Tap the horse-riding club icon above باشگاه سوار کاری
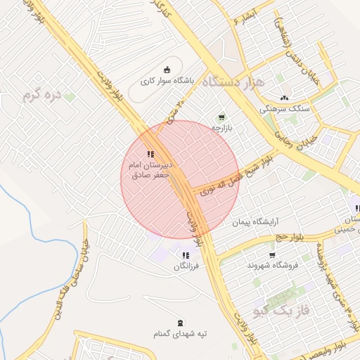(167, 69)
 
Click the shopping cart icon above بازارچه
(221, 117)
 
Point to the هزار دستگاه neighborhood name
(232, 82)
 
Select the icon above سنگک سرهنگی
(284, 98)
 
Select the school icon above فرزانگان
(186, 256)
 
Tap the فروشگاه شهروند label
(273, 265)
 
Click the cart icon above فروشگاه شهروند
(272, 255)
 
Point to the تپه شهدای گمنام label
(181, 334)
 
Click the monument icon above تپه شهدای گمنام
(181, 323)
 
